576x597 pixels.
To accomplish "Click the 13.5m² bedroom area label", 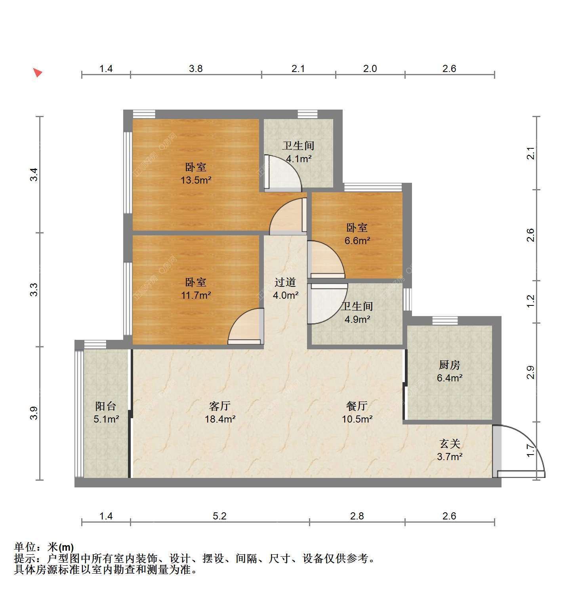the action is tap(196, 180).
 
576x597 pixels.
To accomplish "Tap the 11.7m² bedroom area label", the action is tap(196, 295).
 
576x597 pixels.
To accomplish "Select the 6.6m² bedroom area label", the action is tap(357, 241).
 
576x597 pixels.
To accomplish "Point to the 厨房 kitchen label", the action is tap(450, 365).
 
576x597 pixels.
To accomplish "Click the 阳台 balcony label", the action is tap(106, 406).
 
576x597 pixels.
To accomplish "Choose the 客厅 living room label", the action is tap(220, 406).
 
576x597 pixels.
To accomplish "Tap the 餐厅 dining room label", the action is tap(357, 406).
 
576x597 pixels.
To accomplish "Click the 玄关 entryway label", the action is tap(450, 444).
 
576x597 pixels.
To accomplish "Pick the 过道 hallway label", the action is tap(285, 282).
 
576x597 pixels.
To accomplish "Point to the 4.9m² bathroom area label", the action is tap(357, 319).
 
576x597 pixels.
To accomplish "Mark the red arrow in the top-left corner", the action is tap(38, 73).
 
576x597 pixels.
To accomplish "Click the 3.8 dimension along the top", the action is tap(196, 69).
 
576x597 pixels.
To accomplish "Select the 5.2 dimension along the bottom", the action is tap(220, 516).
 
